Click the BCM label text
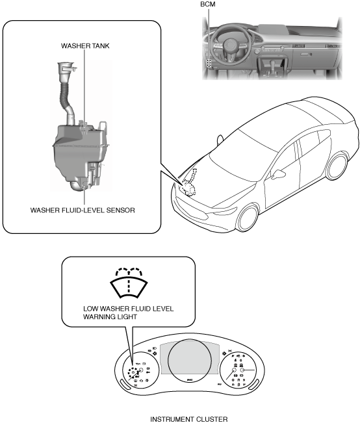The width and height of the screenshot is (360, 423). [207, 4]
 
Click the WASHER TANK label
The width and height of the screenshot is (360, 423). [85, 46]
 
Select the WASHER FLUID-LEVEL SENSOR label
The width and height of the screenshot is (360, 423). [83, 210]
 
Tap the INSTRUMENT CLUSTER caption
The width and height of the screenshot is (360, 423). [189, 419]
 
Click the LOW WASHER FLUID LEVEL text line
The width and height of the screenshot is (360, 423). [128, 309]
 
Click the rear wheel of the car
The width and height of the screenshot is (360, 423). [337, 166]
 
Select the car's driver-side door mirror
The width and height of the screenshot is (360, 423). [277, 174]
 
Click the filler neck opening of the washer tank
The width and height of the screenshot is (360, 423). [65, 64]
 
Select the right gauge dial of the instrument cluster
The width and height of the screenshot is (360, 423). [238, 370]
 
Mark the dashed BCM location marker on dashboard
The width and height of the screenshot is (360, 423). [209, 62]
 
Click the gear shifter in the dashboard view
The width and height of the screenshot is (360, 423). [273, 65]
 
